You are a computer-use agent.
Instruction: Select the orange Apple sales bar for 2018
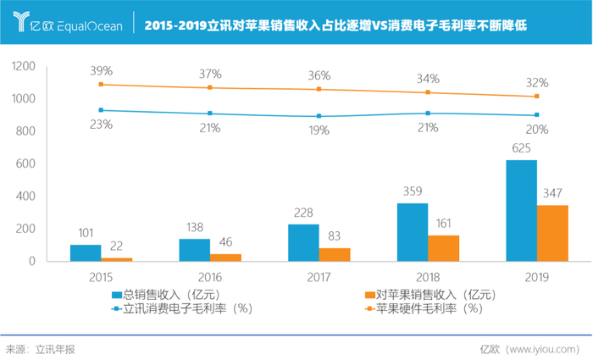[443, 247]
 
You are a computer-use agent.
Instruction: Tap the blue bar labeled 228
[303, 242]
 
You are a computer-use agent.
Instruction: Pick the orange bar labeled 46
[225, 257]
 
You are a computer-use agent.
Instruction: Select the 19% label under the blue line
[319, 130]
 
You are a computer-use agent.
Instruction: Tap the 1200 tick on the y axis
[24, 66]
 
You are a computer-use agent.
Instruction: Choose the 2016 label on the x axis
[209, 276]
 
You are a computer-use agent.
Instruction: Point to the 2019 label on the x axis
[536, 276]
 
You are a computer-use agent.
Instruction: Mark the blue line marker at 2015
[101, 110]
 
